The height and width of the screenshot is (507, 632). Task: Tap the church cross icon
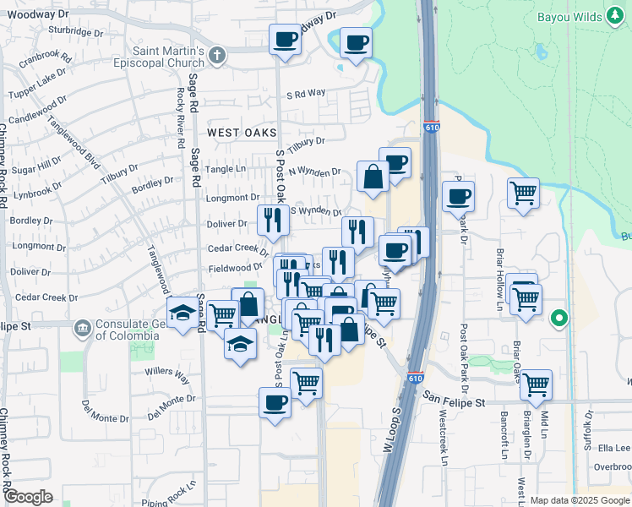[x=217, y=56]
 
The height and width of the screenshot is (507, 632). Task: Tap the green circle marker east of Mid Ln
[x=558, y=319]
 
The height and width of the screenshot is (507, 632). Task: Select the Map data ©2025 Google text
[x=580, y=500]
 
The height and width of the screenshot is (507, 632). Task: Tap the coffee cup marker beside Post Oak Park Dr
[x=458, y=197]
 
